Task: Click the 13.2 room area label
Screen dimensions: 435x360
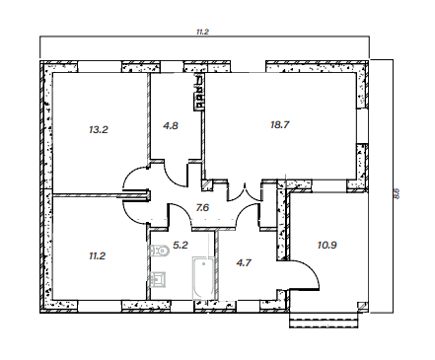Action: pyautogui.click(x=99, y=129)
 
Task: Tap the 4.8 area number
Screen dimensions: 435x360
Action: pyautogui.click(x=171, y=125)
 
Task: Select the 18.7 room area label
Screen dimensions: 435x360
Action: pyautogui.click(x=280, y=125)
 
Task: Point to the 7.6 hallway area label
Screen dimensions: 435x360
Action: pyautogui.click(x=202, y=208)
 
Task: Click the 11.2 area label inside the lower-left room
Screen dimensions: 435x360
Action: pyautogui.click(x=97, y=255)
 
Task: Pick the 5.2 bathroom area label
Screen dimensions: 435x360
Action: pyautogui.click(x=181, y=245)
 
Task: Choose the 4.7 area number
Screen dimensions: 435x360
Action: pyautogui.click(x=244, y=262)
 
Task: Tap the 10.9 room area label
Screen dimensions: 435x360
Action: pyautogui.click(x=327, y=245)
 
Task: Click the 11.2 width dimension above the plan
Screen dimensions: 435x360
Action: pyautogui.click(x=202, y=32)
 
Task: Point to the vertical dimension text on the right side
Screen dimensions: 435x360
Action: pyautogui.click(x=397, y=193)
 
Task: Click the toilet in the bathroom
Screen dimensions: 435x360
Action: pyautogui.click(x=159, y=252)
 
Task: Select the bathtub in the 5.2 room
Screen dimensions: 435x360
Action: pyautogui.click(x=204, y=278)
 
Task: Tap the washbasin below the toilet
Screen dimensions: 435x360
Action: pyautogui.click(x=157, y=279)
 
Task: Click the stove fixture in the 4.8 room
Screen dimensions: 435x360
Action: pyautogui.click(x=199, y=92)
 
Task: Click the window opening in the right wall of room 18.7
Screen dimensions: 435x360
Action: pyautogui.click(x=362, y=125)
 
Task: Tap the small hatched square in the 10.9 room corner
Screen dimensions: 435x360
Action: pyautogui.click(x=362, y=307)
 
